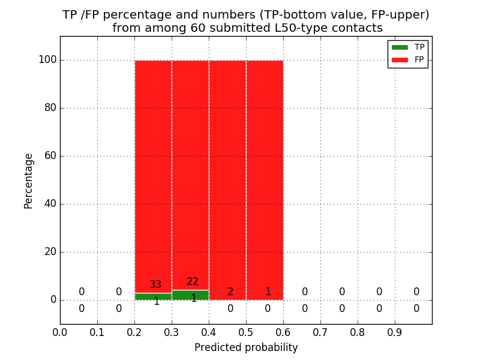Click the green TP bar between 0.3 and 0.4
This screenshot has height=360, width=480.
point(190,296)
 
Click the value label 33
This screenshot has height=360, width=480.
point(155,285)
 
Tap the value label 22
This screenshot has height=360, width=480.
point(193,282)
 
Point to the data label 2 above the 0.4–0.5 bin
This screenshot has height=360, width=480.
point(230,292)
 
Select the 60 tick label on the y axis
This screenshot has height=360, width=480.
point(50,156)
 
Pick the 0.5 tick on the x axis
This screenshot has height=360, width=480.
point(283,332)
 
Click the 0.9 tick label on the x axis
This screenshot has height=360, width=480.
point(395,332)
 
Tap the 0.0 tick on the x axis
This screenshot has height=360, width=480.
point(60,332)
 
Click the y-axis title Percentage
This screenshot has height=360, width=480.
point(29,181)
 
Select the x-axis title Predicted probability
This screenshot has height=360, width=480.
point(246,347)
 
